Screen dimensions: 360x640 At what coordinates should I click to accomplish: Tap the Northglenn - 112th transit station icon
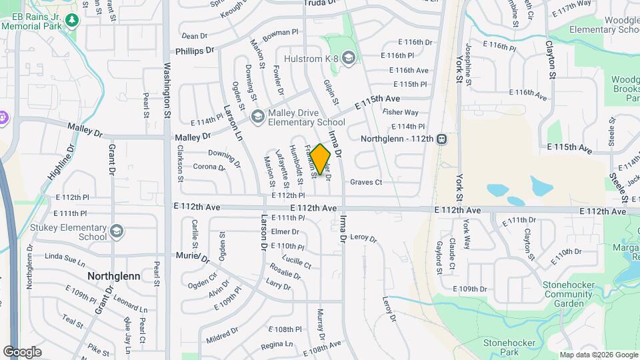click(441, 139)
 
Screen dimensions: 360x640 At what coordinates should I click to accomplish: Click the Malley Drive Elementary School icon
click(257, 117)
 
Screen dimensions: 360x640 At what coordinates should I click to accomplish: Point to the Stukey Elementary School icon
click(117, 231)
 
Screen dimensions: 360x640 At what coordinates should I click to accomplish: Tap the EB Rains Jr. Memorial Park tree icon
click(72, 21)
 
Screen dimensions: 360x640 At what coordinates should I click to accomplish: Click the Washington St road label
click(167, 91)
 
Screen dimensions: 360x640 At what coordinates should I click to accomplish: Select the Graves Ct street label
click(366, 182)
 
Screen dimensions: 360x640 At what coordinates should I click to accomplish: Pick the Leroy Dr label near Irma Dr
click(363, 238)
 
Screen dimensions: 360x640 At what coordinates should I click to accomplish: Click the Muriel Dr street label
click(192, 257)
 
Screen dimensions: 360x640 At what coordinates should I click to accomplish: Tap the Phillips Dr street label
click(195, 51)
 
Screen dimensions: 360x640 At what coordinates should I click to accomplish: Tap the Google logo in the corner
click(23, 352)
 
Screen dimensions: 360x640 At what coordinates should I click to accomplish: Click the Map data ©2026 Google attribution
click(598, 355)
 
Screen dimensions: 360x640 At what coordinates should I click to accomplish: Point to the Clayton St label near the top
click(551, 59)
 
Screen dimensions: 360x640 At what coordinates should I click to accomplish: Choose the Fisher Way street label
click(401, 113)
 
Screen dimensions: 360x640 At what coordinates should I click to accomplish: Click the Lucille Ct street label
click(297, 261)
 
